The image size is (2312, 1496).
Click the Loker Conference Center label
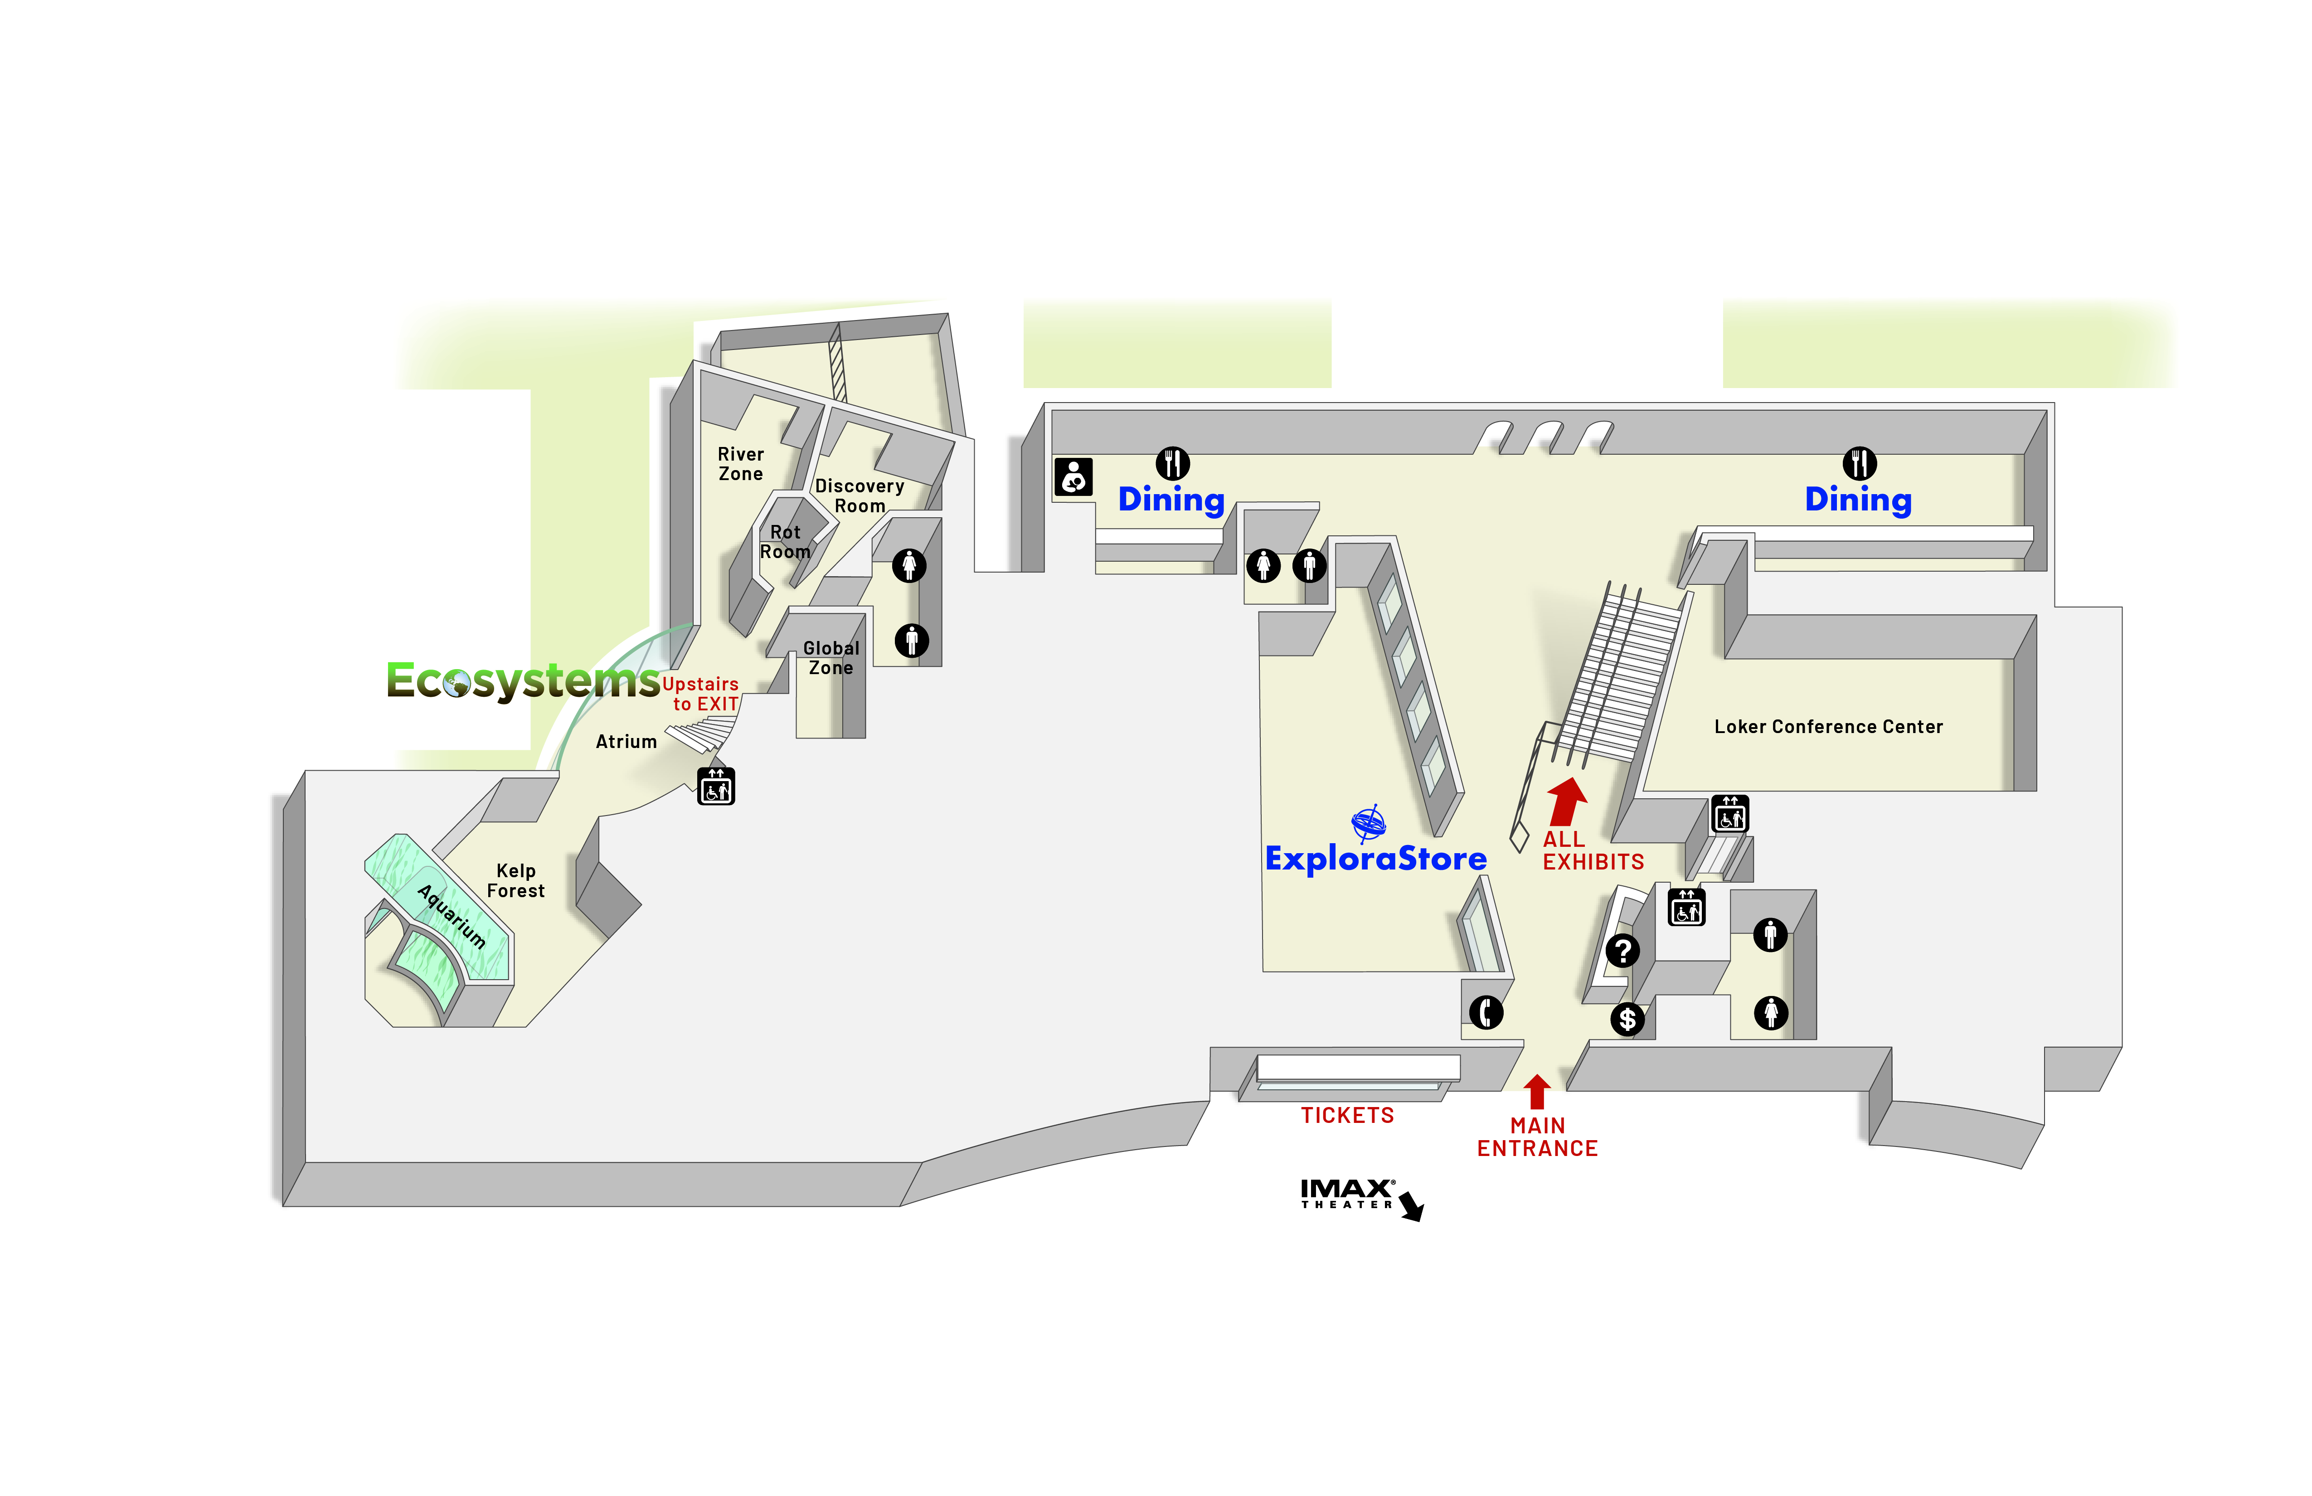(x=1828, y=727)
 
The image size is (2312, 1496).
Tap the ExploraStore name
(x=1375, y=859)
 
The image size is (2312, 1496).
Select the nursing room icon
(x=1073, y=477)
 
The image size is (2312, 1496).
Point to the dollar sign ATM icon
(x=1627, y=1019)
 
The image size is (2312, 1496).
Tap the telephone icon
(x=1485, y=1012)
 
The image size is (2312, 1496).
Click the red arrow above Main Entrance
(x=1537, y=1091)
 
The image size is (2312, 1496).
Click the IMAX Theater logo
(x=1348, y=1194)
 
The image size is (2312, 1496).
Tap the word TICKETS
(x=1347, y=1115)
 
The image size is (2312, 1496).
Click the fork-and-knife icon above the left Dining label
(x=1172, y=463)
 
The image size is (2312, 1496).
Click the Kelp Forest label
(x=516, y=880)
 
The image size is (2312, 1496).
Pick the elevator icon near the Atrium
(x=716, y=786)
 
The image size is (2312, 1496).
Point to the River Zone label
(x=740, y=463)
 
